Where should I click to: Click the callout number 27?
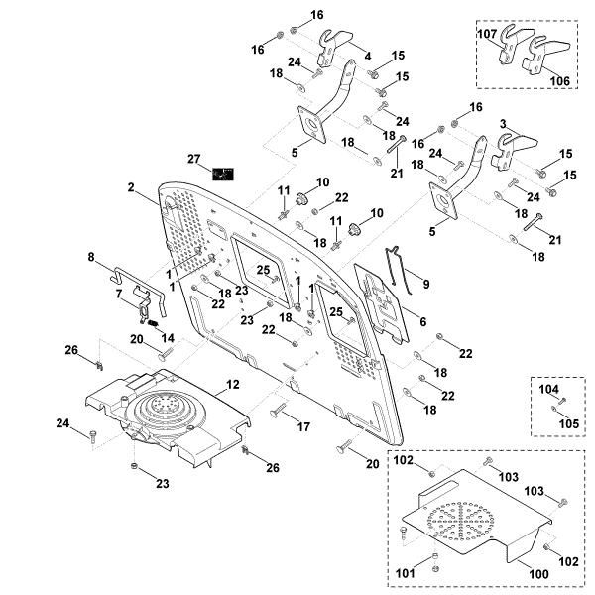pyautogui.click(x=194, y=159)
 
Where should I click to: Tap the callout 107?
pyautogui.click(x=487, y=33)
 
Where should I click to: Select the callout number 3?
pyautogui.click(x=503, y=123)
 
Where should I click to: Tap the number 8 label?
pyautogui.click(x=91, y=257)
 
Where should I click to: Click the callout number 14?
pyautogui.click(x=167, y=338)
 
